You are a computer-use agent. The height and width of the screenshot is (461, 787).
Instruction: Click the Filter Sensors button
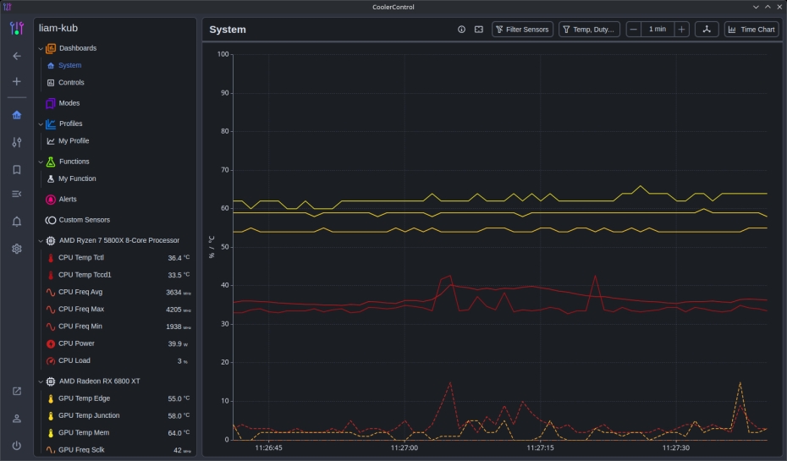(523, 30)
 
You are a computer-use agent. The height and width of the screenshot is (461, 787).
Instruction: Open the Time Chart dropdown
(751, 30)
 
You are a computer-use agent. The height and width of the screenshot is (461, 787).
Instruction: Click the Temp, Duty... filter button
(590, 30)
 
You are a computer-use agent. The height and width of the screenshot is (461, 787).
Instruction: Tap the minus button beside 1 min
(634, 30)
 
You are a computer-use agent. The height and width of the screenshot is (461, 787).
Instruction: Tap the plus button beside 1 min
(682, 30)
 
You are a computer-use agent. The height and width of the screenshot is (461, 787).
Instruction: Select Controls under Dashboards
(71, 83)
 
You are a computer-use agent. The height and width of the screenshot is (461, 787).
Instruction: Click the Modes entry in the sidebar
(69, 103)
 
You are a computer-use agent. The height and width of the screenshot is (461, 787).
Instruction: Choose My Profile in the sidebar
(73, 141)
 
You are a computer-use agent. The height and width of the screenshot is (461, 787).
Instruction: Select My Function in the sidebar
(76, 179)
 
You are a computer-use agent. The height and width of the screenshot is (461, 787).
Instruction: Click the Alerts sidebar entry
(67, 200)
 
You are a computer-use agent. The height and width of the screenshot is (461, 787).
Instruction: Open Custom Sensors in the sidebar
(84, 220)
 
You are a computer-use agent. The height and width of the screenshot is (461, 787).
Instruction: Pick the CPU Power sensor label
(76, 343)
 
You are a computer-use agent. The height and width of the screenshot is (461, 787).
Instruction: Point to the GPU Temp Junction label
(89, 415)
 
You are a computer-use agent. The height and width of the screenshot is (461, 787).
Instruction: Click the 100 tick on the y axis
(223, 54)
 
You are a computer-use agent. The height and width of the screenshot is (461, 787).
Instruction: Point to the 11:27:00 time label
(405, 448)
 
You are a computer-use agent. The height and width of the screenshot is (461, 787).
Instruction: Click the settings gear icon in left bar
(17, 249)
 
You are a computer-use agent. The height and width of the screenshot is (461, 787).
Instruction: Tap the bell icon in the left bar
(17, 222)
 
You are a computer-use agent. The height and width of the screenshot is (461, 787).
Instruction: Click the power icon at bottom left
(17, 445)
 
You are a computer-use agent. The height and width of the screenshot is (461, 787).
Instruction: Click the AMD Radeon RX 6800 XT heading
(99, 381)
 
